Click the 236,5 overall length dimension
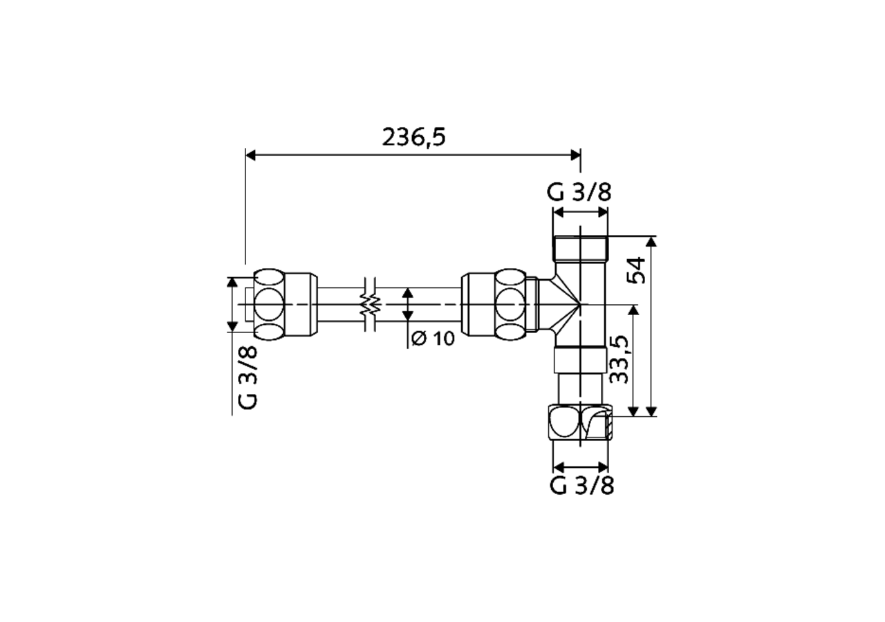(x=413, y=138)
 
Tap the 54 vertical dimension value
(x=637, y=271)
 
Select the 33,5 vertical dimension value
(x=619, y=360)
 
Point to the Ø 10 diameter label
(x=433, y=339)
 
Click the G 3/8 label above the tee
(x=579, y=193)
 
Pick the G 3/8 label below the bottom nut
(x=582, y=486)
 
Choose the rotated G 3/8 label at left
(x=248, y=377)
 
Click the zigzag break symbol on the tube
(x=371, y=304)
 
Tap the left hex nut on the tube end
(x=286, y=305)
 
